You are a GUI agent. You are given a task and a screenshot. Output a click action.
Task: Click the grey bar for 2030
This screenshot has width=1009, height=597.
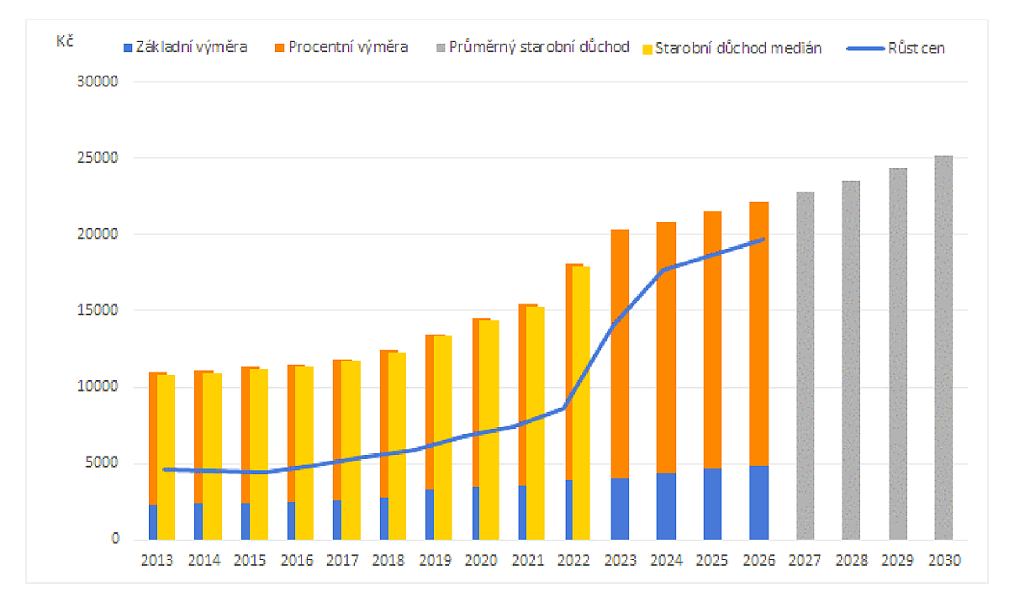943,346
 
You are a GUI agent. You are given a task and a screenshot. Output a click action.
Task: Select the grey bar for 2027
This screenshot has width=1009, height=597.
806,366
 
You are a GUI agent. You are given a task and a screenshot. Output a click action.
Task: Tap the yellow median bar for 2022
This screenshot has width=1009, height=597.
581,404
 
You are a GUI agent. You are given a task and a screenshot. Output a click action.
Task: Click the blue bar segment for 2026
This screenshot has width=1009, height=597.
759,502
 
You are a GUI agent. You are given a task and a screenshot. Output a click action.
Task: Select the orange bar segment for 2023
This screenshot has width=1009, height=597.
621,353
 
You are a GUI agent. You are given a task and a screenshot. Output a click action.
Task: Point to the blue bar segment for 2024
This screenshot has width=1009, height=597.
667,506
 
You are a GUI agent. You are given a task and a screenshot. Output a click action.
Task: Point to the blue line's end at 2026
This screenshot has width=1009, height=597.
762,240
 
